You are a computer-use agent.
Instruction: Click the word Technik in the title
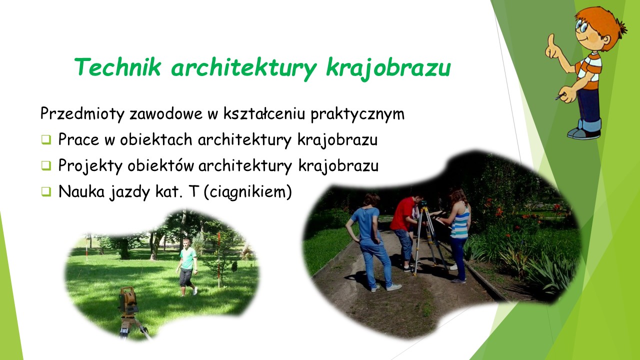117,67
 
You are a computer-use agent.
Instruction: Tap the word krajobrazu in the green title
388,68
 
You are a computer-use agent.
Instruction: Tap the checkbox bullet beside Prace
46,139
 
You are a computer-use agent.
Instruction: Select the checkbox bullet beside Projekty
46,165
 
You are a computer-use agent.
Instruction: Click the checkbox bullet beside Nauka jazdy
46,191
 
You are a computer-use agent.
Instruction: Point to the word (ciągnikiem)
248,191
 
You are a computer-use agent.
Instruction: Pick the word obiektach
156,139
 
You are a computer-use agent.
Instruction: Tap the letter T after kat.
193,191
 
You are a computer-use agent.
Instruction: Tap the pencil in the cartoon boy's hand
560,96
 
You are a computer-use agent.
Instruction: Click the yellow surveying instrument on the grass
128,300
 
